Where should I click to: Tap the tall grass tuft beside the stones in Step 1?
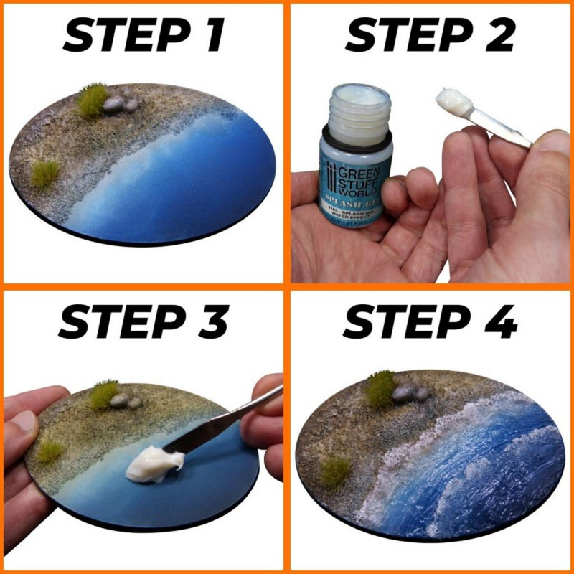pyautogui.click(x=91, y=100)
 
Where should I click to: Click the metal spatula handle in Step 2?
pyautogui.click(x=502, y=129)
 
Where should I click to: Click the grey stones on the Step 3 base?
pyautogui.click(x=123, y=401)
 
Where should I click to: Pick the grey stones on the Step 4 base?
pyautogui.click(x=410, y=392)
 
